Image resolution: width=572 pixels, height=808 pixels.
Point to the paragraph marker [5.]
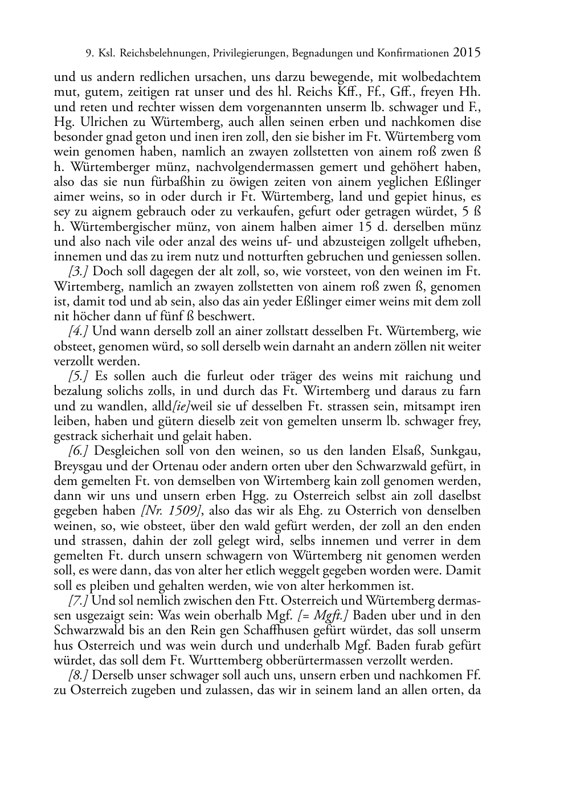[x=80, y=376]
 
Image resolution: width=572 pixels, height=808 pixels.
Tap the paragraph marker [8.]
[x=79, y=675]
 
